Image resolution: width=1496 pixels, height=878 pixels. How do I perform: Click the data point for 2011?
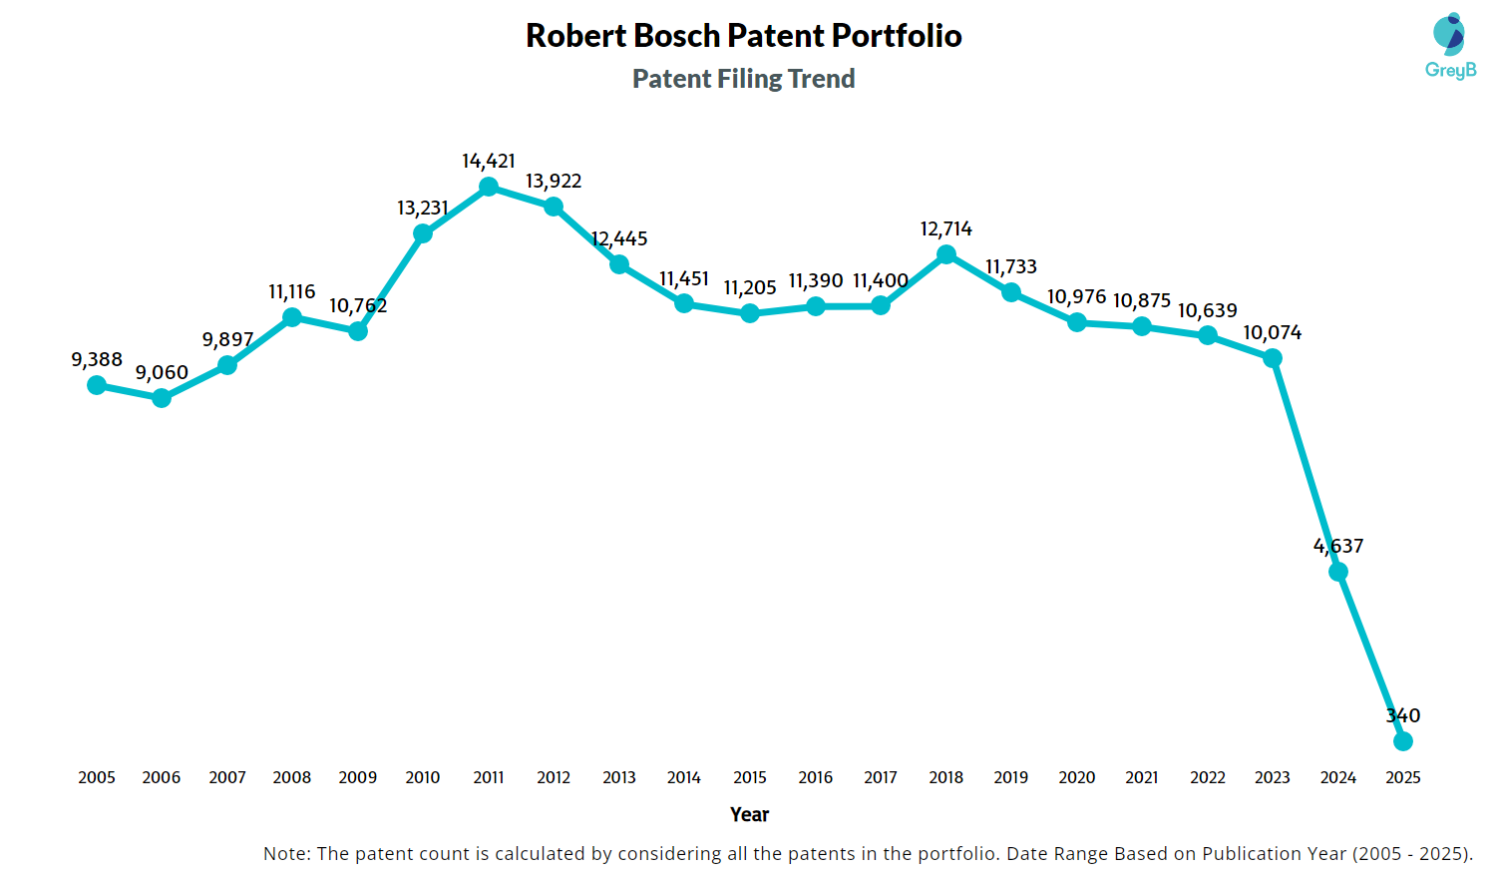point(489,187)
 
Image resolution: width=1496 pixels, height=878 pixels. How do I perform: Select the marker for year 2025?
point(1402,741)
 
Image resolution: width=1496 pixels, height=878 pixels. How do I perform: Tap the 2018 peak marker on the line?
point(946,254)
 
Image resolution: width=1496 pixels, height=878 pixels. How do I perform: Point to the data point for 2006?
point(162,398)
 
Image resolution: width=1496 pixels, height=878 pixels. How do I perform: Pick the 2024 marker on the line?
point(1338,572)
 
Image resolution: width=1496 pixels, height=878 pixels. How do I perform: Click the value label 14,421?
point(489,161)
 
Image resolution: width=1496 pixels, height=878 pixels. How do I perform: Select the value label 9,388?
point(97,359)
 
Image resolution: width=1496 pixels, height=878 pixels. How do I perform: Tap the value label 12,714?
point(945,228)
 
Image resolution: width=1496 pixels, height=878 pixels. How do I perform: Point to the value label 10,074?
point(1272,332)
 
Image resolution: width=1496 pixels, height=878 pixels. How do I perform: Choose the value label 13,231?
point(423,208)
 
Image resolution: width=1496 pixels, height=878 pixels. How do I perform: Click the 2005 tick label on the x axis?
point(97,777)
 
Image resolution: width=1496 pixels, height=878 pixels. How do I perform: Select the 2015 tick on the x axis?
point(750,777)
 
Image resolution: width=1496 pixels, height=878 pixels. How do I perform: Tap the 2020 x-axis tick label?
point(1076,777)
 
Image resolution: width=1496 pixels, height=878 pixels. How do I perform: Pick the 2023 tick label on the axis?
point(1273,777)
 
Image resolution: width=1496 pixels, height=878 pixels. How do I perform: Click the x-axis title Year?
point(749,814)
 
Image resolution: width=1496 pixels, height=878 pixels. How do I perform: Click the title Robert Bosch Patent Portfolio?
point(743,36)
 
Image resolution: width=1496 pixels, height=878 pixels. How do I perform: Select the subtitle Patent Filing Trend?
point(743,79)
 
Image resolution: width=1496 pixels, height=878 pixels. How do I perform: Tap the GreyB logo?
point(1450,46)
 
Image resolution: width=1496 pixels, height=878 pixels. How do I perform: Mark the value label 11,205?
point(750,287)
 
